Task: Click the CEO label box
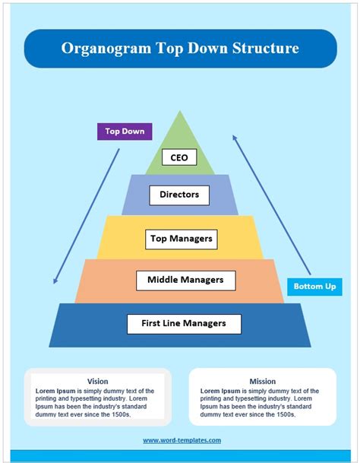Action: [179, 158]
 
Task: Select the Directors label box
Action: [179, 195]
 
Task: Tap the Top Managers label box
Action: [181, 239]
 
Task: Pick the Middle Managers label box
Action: [186, 280]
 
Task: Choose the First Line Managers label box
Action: [184, 323]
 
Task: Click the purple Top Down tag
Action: [125, 132]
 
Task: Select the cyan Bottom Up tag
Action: [314, 287]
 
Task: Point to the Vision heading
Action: [97, 381]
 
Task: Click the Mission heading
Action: [262, 381]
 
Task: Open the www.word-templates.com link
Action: [182, 440]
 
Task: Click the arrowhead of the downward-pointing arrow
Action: [55, 281]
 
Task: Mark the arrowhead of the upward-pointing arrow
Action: [235, 138]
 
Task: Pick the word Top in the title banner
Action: [167, 49]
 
